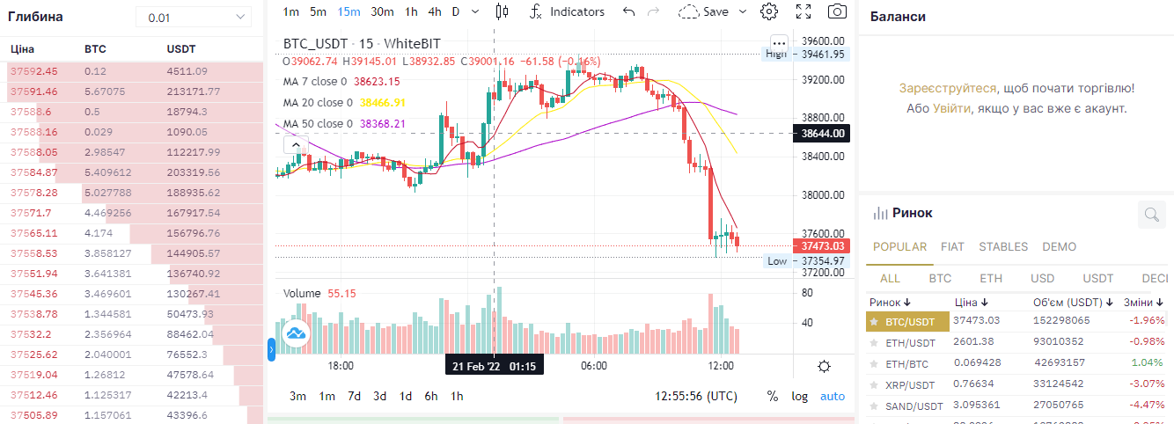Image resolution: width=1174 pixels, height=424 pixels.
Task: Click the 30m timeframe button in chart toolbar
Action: (x=382, y=11)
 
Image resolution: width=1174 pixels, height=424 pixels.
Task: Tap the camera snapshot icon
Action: (x=837, y=11)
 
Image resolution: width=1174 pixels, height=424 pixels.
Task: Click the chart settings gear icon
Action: (x=769, y=11)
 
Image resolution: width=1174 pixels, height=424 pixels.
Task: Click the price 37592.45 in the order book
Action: (x=33, y=71)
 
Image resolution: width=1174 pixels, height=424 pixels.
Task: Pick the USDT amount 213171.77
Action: (x=193, y=91)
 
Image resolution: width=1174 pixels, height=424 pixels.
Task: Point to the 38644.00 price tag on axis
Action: (x=823, y=134)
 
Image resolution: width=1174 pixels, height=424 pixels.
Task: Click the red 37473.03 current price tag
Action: (x=823, y=246)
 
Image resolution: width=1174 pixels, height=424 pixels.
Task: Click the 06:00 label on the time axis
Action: (x=593, y=366)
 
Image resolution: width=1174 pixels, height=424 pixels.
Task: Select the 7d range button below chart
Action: (x=354, y=396)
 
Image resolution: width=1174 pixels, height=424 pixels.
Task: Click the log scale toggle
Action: (x=799, y=396)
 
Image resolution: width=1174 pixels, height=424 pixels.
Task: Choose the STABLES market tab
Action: (x=1003, y=247)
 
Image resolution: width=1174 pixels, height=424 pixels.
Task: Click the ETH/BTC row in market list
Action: (x=910, y=362)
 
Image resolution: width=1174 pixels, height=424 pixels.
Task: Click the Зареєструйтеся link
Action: (x=948, y=88)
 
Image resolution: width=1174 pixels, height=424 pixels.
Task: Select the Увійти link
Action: (x=952, y=108)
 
